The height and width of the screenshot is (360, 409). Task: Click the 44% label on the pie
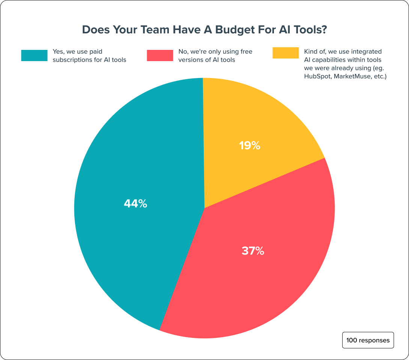pyautogui.click(x=135, y=204)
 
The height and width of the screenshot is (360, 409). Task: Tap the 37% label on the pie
pyautogui.click(x=253, y=251)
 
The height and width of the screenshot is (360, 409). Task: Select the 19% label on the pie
pyautogui.click(x=250, y=145)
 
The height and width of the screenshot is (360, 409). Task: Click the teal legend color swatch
pyautogui.click(x=34, y=55)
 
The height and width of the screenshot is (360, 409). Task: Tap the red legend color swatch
pyautogui.click(x=159, y=55)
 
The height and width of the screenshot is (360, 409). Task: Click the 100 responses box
pyautogui.click(x=368, y=340)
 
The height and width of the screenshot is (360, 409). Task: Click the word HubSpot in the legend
pyautogui.click(x=317, y=76)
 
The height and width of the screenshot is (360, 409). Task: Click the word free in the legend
pyautogui.click(x=244, y=51)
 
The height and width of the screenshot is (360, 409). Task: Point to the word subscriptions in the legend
pyautogui.click(x=71, y=60)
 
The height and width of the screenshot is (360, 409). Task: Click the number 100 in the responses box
pyautogui.click(x=352, y=340)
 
